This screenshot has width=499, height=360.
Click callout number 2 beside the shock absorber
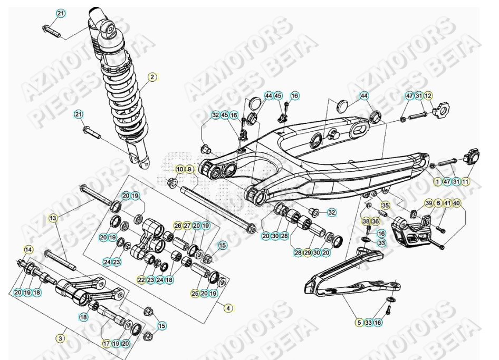pos(152,77)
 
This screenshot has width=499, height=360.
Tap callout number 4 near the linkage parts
pos(228,308)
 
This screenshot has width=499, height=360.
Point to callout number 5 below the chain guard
pos(359,322)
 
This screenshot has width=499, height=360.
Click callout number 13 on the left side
pos(53,218)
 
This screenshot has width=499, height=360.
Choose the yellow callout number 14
pos(28,249)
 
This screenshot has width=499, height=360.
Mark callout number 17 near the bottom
pos(106,343)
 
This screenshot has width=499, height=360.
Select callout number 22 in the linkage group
pos(141,279)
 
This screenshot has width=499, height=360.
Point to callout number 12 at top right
pos(428,96)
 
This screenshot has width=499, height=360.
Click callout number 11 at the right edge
pos(466,181)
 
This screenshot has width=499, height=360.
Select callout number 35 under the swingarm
pos(385,205)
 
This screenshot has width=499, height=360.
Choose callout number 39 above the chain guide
pos(429,203)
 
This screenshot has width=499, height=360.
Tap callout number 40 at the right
pos(456,203)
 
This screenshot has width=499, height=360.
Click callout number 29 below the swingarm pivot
pos(308,253)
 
